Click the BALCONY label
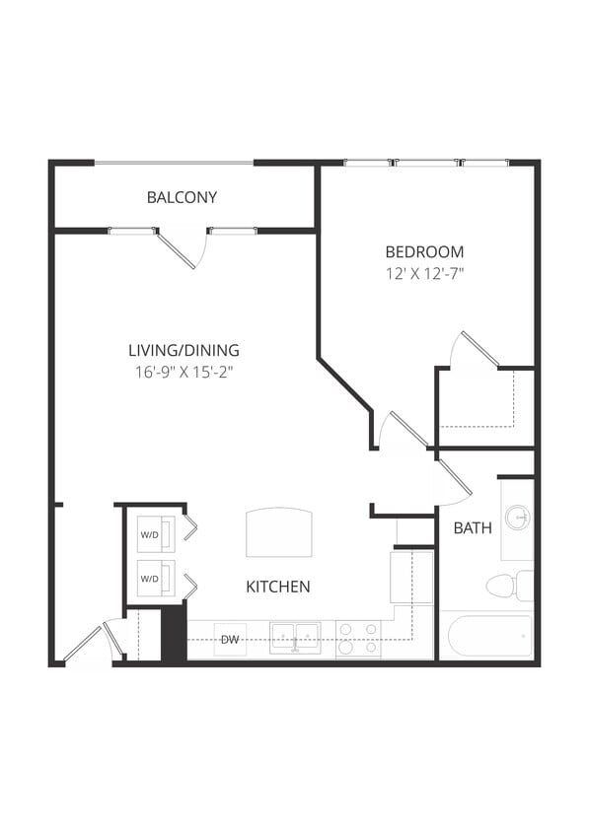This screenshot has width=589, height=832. pos(182,197)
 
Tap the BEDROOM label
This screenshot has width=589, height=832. pos(424,251)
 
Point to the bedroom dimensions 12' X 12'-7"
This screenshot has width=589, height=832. pos(424,273)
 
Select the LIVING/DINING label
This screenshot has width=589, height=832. pos(184,350)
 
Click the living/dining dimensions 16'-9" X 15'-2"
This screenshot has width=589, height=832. pos(184,372)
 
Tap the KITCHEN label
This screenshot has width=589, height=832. pos(278,587)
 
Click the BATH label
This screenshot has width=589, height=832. pos(473,528)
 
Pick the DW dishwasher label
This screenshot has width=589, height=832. pos(230,641)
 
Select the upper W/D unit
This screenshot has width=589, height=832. pos(155,534)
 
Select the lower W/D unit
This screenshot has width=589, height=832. pos(155,578)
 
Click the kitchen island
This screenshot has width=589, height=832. pos(279,532)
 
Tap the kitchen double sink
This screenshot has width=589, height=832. pos(295,637)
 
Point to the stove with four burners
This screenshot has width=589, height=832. pos(358,639)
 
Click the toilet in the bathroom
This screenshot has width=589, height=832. pos(507,586)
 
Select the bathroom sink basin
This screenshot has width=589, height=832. pos(517,517)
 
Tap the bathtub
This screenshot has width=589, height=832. pos(489,636)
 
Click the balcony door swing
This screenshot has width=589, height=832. pos(181,249)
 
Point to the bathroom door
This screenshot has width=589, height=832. pos(453,478)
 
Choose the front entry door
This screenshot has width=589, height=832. pos(89,642)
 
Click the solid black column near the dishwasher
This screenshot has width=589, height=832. pos(174,633)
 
